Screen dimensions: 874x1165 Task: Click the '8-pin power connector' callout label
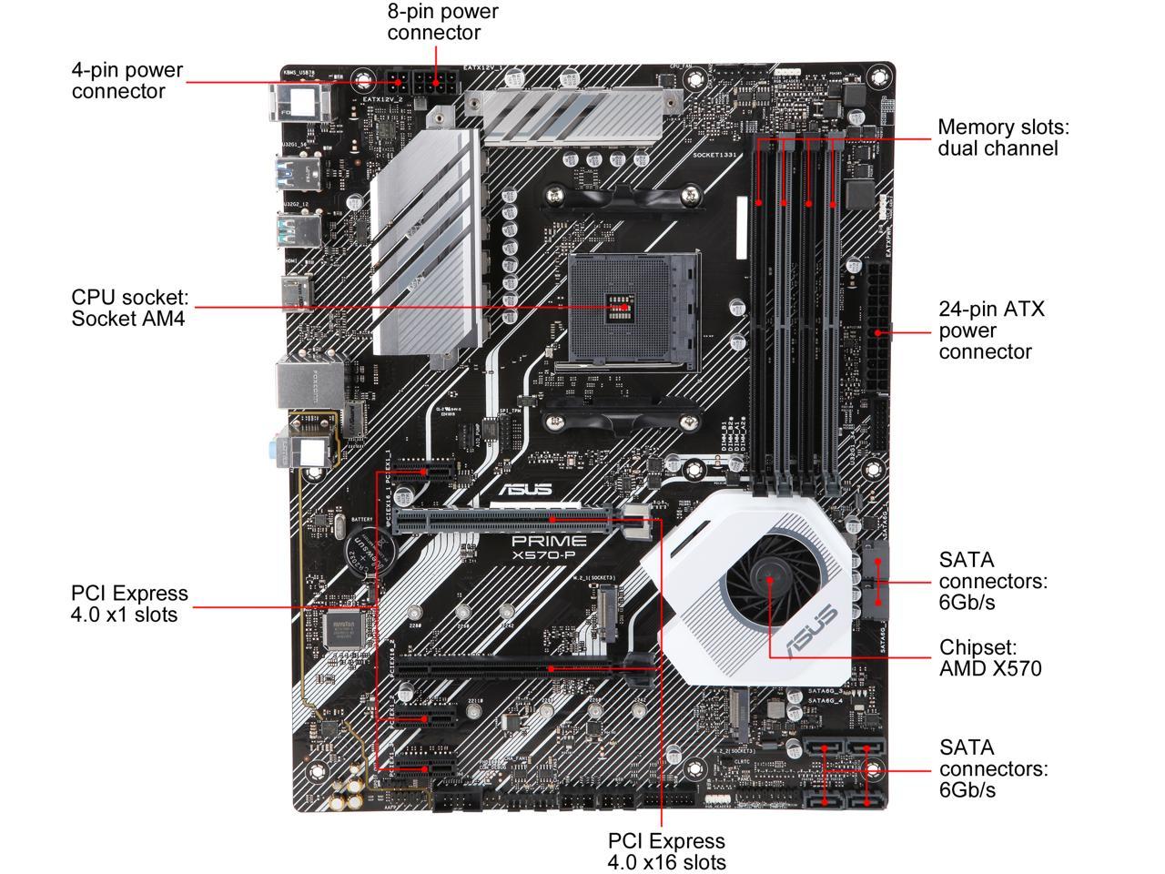442,22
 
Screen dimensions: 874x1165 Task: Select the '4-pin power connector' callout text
127,80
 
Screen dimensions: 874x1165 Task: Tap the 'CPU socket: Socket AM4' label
129,308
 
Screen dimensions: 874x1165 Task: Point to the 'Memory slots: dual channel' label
1003,137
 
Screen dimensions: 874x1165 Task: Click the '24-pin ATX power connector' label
991,330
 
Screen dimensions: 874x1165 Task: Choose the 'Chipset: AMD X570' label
990,657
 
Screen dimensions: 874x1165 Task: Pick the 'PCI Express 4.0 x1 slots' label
129,604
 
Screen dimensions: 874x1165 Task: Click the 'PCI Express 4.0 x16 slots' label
666,850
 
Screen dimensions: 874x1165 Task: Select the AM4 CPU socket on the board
633,310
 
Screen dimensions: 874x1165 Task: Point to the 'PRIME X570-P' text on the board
548,546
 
